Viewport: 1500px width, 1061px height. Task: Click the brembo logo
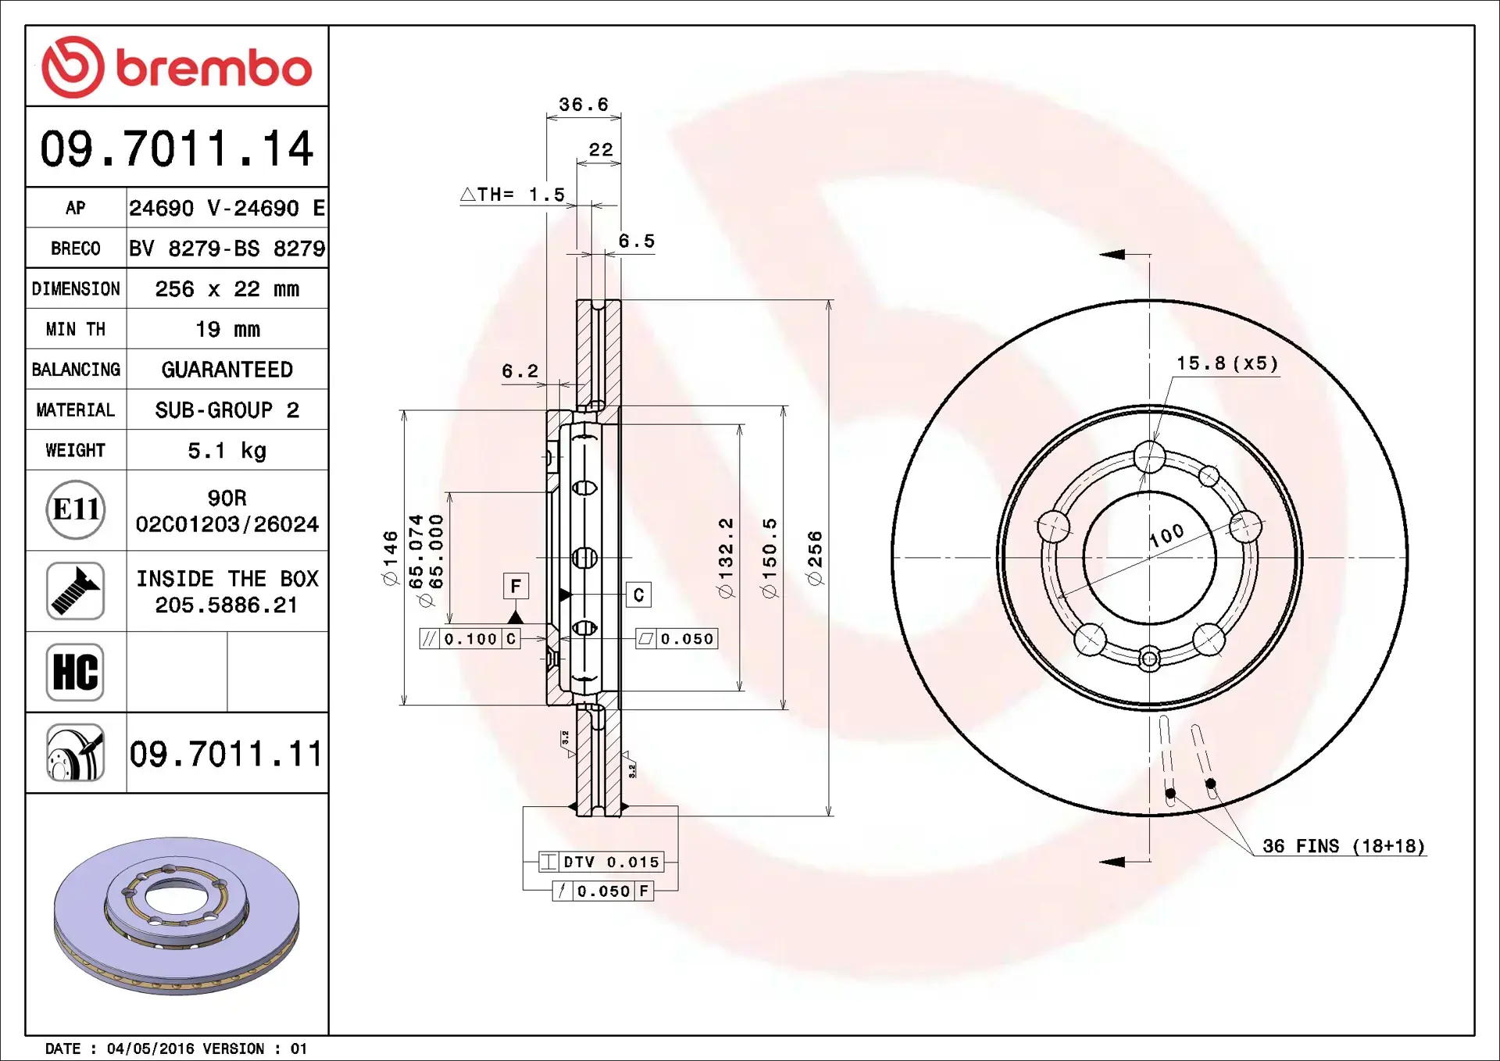coord(177,67)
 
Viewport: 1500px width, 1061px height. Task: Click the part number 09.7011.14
coord(177,148)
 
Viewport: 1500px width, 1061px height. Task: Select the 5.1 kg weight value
coord(227,451)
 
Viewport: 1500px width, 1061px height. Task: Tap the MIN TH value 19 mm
coord(227,330)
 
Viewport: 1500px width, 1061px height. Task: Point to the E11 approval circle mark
coord(76,510)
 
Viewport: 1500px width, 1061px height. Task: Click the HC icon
coord(75,672)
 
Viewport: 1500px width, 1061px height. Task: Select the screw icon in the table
coord(75,591)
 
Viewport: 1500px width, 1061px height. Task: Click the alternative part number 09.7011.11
coord(226,754)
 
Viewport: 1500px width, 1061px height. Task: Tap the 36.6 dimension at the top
coord(583,105)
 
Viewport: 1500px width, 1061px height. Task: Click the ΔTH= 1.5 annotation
coord(513,195)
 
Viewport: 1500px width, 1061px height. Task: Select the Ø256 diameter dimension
coord(815,558)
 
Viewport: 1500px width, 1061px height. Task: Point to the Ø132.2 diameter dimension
coord(726,558)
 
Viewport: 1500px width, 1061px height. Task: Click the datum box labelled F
coord(516,586)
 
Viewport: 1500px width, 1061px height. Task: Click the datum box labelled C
coord(638,595)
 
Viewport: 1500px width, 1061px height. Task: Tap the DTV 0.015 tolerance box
coord(602,862)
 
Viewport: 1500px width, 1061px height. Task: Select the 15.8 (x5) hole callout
coord(1227,363)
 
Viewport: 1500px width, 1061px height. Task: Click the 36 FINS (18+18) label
coord(1343,846)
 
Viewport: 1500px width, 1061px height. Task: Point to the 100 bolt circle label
coord(1166,535)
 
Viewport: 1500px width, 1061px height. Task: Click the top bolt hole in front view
coord(1149,457)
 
